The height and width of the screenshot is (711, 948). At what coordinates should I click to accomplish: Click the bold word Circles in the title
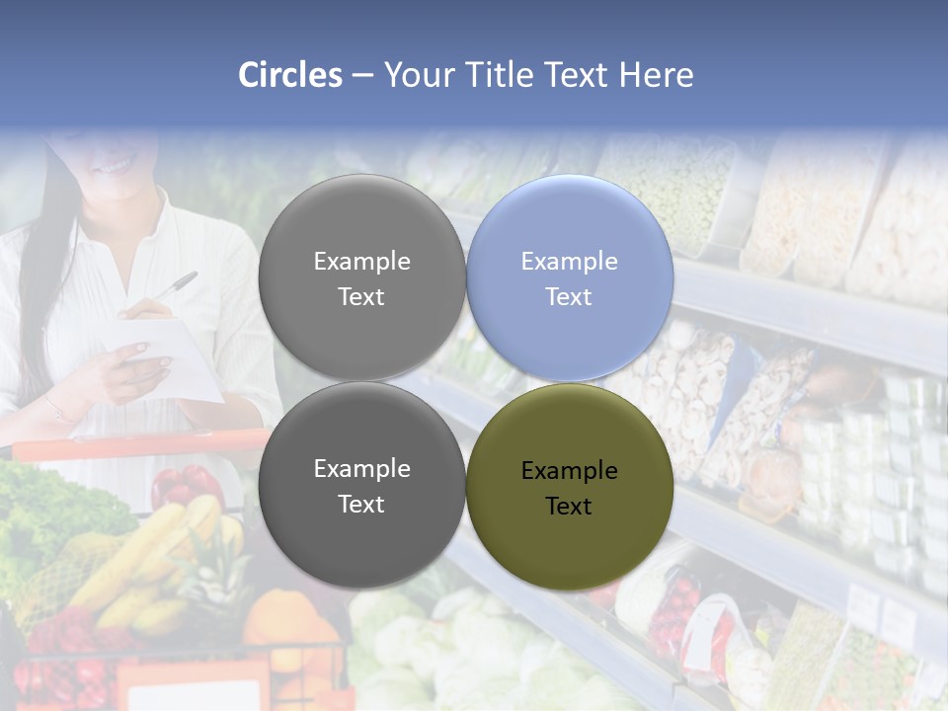click(290, 75)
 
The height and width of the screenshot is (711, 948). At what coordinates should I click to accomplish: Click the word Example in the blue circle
click(569, 261)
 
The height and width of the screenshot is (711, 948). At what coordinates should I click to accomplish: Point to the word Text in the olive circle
click(569, 506)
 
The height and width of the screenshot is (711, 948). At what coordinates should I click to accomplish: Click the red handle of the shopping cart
click(138, 445)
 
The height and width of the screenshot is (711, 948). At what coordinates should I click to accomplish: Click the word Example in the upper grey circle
click(361, 261)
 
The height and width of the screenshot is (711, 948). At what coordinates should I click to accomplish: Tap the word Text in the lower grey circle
click(361, 504)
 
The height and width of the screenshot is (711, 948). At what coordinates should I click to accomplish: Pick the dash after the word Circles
click(362, 76)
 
